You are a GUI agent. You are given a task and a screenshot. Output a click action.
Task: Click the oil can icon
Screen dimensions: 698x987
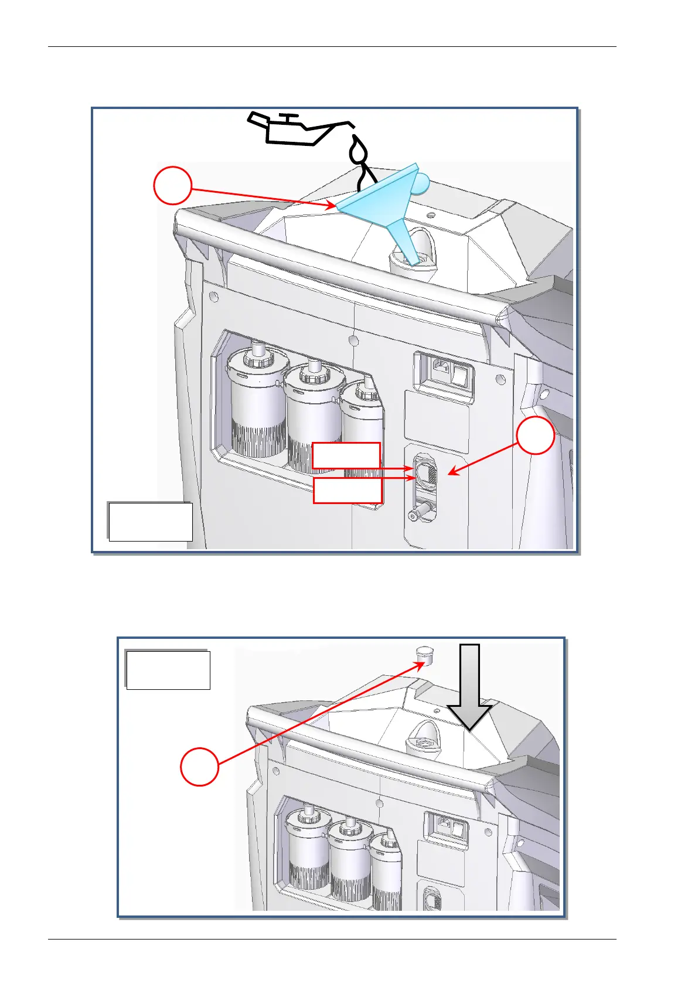tap(293, 130)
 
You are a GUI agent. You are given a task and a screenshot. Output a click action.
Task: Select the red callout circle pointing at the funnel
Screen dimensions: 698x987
tap(172, 186)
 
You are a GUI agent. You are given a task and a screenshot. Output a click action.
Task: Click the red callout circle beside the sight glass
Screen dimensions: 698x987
tap(536, 436)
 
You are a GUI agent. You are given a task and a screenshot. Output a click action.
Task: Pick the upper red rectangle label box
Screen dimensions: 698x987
tap(346, 455)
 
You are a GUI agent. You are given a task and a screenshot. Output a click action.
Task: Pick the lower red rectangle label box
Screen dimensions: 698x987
tap(348, 490)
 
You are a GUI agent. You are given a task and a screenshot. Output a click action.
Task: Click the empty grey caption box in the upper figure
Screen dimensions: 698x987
tap(150, 521)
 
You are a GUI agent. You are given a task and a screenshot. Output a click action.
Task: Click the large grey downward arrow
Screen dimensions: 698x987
tap(469, 686)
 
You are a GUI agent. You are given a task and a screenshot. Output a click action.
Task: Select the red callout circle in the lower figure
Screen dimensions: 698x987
tap(199, 766)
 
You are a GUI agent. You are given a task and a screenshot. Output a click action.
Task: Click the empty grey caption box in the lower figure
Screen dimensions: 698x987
tap(168, 669)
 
